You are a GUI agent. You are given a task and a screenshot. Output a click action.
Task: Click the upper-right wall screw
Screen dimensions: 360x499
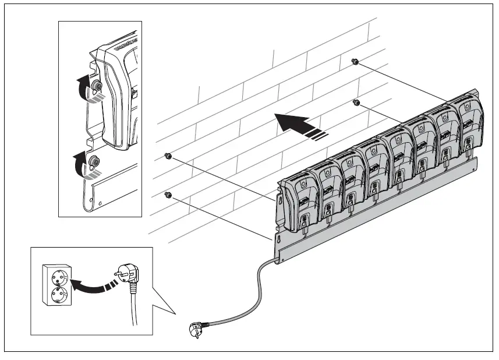pyautogui.click(x=355, y=62)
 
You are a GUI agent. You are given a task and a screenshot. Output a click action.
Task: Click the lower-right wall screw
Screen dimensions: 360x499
pyautogui.click(x=357, y=103)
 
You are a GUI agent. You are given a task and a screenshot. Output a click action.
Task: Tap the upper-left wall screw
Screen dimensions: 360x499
pyautogui.click(x=168, y=156)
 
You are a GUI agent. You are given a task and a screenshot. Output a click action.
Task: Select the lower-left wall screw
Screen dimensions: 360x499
pyautogui.click(x=168, y=194)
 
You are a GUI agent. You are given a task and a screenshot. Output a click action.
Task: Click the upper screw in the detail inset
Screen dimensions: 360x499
pyautogui.click(x=97, y=87)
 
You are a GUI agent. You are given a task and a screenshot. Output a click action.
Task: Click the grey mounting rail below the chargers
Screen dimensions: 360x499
pyautogui.click(x=378, y=207)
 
